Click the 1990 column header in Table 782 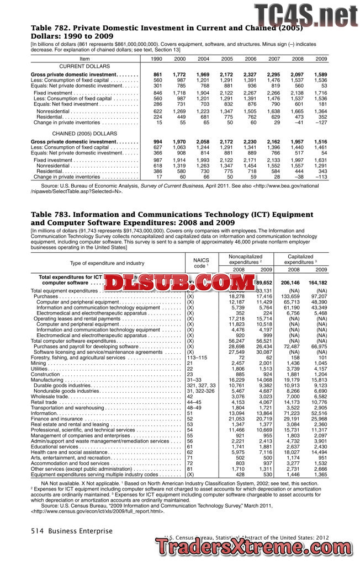(157, 58)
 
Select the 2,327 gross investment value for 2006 (250, 74)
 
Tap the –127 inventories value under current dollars (320, 122)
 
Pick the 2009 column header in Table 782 (321, 58)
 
